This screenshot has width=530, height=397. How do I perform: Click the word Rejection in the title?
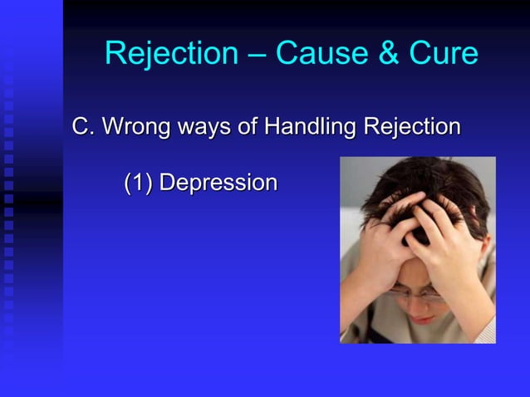point(170,54)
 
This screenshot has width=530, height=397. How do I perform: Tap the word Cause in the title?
point(312,54)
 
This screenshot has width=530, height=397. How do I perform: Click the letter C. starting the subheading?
point(83,127)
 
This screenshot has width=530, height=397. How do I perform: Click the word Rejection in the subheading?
point(411,128)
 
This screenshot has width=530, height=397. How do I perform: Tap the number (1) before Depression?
point(138,183)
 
